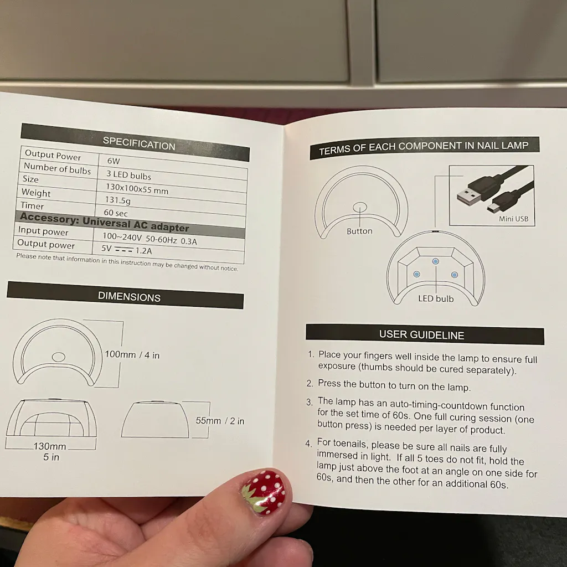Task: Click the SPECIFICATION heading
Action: (x=139, y=143)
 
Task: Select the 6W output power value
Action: (x=114, y=161)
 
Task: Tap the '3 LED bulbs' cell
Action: (x=128, y=175)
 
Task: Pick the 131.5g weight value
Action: (x=118, y=200)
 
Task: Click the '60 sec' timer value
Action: (x=116, y=213)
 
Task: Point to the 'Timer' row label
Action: (x=32, y=206)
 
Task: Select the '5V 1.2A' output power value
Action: (x=127, y=250)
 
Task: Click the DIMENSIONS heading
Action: (x=129, y=297)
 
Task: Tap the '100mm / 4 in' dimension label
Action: (x=132, y=355)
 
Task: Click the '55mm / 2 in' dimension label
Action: (x=220, y=421)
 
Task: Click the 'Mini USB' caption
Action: (x=513, y=219)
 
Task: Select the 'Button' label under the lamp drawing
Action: (x=359, y=231)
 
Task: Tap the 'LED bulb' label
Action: (x=436, y=298)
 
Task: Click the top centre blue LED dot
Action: (x=435, y=261)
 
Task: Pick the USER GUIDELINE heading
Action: (x=421, y=335)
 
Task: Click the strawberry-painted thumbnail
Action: (x=263, y=492)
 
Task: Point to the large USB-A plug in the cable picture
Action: (x=469, y=196)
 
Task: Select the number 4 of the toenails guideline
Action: (x=308, y=444)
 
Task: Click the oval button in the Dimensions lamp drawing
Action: (x=59, y=357)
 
